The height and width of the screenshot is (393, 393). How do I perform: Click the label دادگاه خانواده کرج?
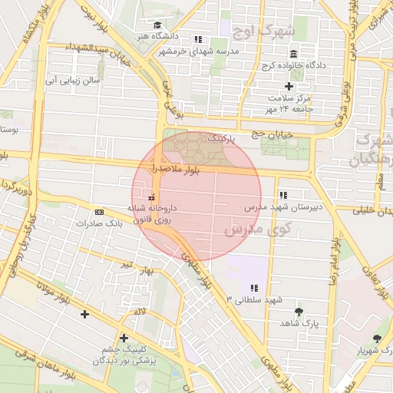[x=296, y=65]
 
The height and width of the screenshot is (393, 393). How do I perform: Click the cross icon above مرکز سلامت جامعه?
[x=289, y=86]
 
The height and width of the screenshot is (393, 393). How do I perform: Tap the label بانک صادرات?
[x=99, y=223]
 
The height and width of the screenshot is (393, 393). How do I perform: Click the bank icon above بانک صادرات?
[x=99, y=211]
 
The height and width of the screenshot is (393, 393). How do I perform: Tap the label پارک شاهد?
[x=299, y=324]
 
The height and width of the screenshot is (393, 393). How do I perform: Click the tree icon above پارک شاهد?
[x=299, y=312]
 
